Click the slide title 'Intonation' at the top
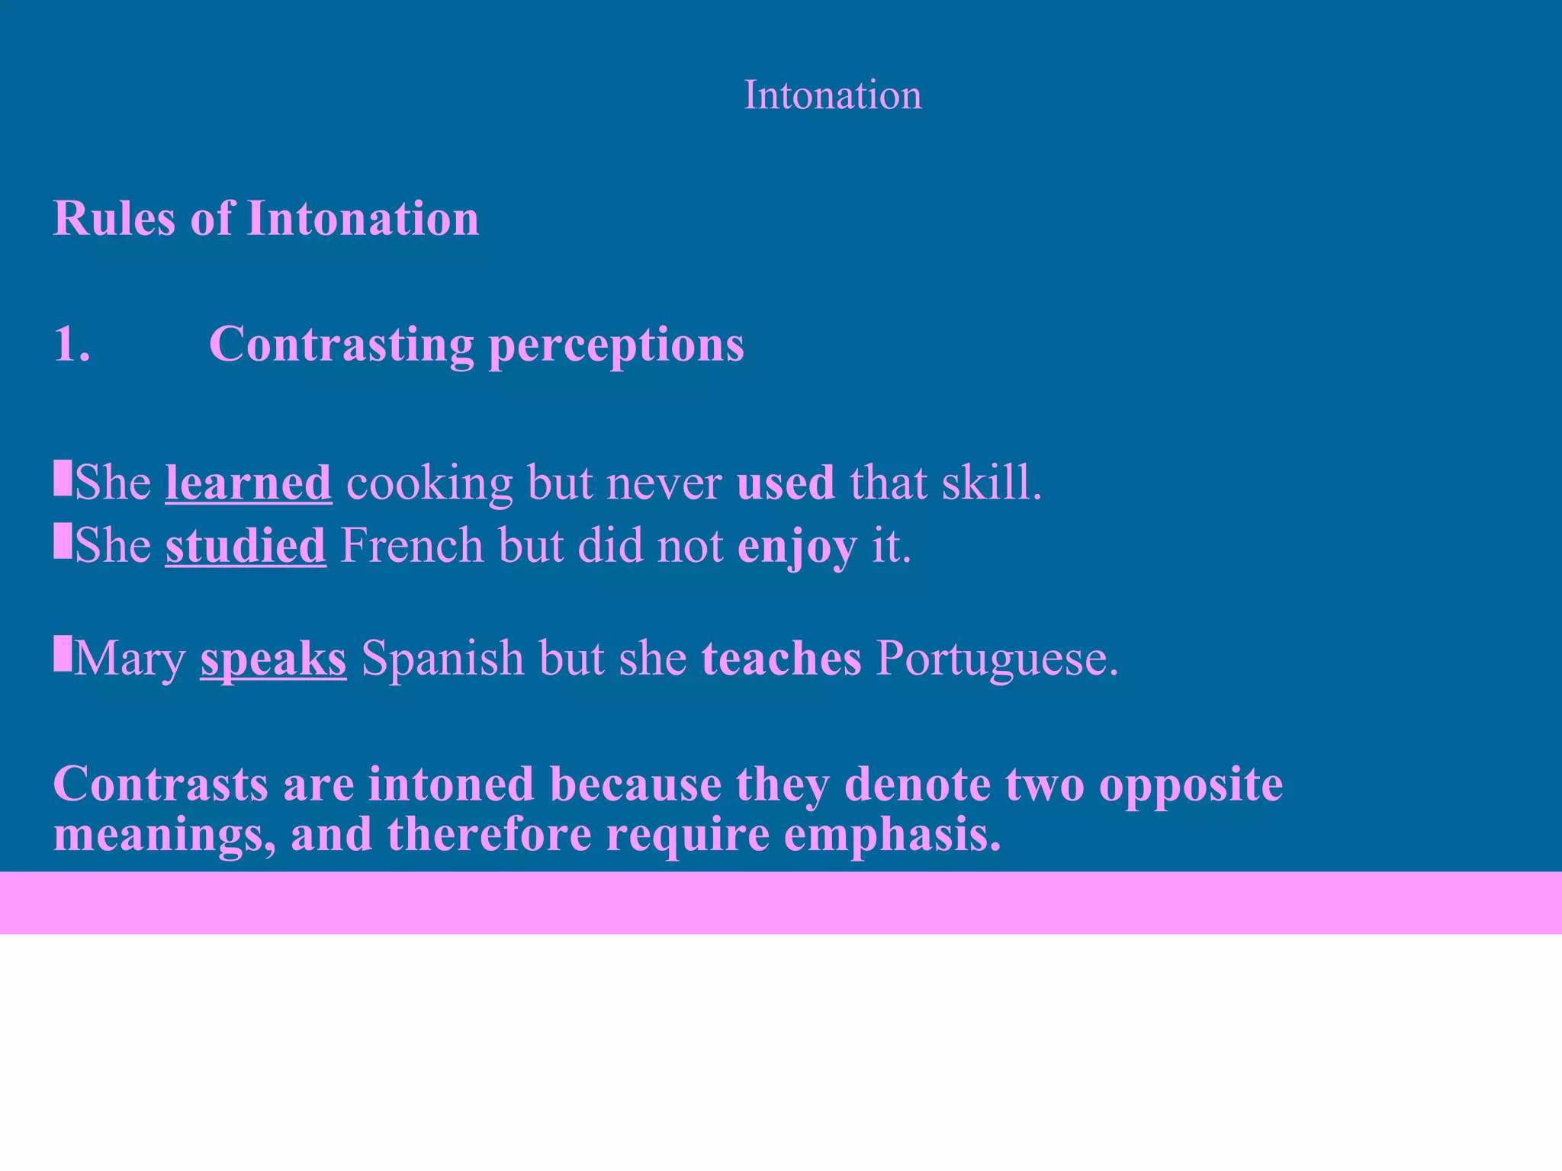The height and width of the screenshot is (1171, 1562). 832,96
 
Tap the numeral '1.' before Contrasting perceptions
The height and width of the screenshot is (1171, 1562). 72,344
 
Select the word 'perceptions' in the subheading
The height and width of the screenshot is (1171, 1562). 615,345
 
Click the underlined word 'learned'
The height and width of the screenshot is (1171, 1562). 249,483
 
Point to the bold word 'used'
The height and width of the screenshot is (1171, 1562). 786,483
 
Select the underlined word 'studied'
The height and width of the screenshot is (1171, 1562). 246,546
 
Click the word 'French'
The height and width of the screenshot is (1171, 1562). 412,546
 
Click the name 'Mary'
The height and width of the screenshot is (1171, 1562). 130,658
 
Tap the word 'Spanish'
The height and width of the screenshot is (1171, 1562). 442,658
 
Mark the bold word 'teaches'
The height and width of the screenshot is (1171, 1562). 781,658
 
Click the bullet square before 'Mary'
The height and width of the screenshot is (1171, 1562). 62,655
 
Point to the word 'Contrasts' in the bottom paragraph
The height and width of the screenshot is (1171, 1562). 160,784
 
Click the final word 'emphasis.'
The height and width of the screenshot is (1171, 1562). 892,835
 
